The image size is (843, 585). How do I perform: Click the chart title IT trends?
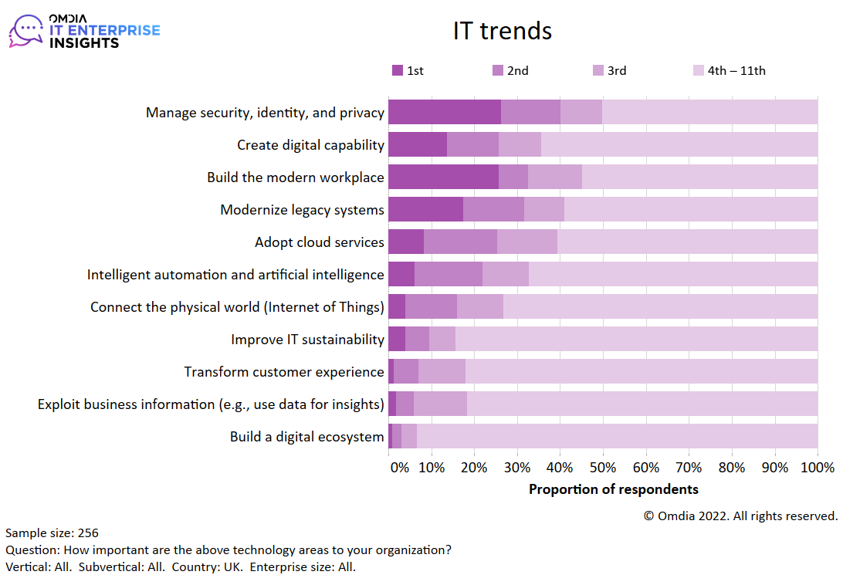[502, 31]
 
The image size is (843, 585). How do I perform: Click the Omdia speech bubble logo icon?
[26, 31]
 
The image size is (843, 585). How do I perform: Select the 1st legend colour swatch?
[398, 70]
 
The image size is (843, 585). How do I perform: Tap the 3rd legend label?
[616, 70]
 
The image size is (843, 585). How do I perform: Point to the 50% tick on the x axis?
[603, 467]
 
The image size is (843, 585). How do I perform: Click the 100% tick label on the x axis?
[818, 467]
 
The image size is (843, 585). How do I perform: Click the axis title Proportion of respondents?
[613, 489]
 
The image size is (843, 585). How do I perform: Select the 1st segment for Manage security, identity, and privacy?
[444, 112]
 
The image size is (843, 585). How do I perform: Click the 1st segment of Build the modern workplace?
[443, 177]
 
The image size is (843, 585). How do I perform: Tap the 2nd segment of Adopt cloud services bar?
[460, 242]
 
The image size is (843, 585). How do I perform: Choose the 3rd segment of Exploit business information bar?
[440, 404]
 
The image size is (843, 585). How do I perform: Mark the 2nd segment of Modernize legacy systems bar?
[493, 209]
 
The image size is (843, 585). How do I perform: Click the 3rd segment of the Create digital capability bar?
[520, 144]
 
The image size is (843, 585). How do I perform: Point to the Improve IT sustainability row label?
[307, 340]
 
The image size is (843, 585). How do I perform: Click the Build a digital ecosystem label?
[306, 437]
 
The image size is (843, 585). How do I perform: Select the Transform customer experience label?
[283, 372]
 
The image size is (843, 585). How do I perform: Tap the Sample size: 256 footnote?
[52, 533]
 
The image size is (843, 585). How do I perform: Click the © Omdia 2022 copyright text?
[740, 516]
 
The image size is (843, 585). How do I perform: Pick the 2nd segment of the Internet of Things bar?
[431, 306]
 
